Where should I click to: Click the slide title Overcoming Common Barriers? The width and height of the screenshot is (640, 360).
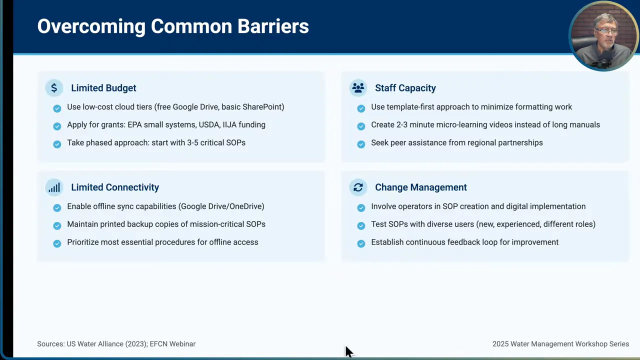173,26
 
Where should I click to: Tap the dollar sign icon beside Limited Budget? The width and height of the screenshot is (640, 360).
54,88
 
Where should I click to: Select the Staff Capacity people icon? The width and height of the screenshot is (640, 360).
358,88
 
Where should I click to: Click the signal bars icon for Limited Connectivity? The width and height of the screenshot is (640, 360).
54,187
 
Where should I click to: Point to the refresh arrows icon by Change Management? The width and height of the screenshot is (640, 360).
358,187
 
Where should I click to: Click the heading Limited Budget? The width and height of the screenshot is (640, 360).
103,88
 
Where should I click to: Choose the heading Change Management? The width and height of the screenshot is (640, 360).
420,187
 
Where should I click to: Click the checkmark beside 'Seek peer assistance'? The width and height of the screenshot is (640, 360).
361,144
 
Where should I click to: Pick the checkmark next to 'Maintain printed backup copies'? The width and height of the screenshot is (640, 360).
57,225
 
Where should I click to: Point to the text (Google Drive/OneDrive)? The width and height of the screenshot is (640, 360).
221,206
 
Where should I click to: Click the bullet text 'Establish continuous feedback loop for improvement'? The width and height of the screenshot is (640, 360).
464,242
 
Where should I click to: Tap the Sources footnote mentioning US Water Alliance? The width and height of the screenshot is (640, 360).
116,344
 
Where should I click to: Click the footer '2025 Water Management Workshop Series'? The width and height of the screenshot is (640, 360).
560,344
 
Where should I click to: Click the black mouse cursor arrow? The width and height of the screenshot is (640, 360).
348,351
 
